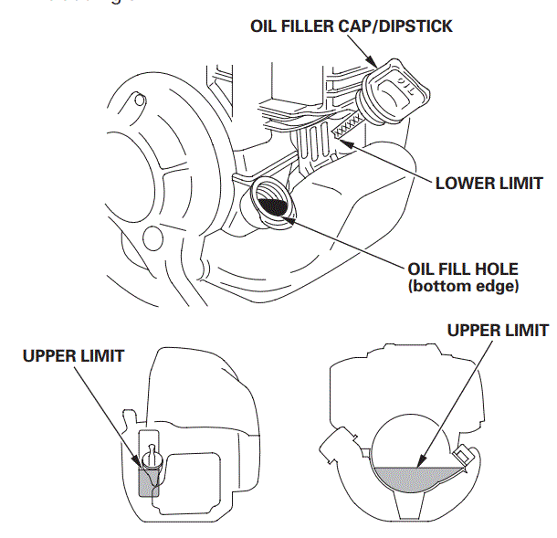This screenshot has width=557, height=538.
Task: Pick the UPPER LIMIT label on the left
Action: (74, 355)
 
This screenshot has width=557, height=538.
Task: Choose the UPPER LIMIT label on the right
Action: (498, 330)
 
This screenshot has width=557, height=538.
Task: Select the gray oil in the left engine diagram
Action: (148, 480)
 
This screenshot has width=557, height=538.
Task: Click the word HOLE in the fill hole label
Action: (498, 269)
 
